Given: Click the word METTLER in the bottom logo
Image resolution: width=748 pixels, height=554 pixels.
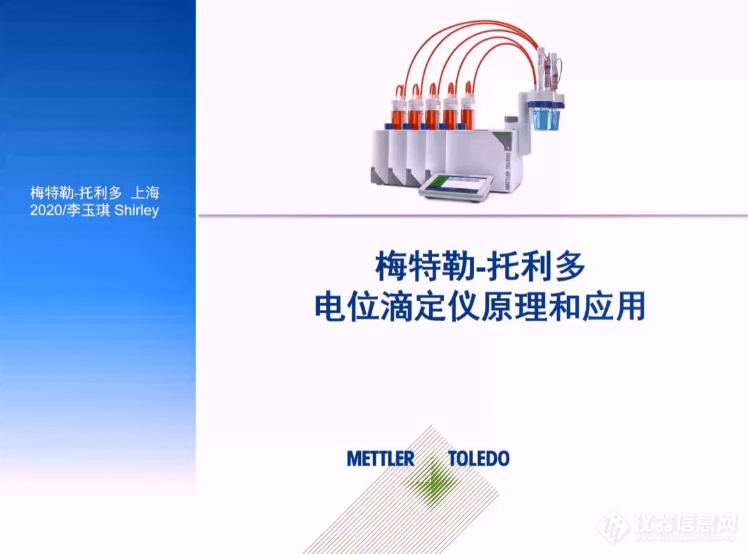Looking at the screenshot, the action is pyautogui.click(x=380, y=459).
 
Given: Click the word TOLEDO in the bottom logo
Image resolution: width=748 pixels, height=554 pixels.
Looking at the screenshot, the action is pyautogui.click(x=479, y=459).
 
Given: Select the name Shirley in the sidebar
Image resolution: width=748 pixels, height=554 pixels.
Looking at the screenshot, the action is pyautogui.click(x=136, y=210).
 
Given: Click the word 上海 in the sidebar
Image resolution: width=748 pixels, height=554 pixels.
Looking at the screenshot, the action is pyautogui.click(x=145, y=193).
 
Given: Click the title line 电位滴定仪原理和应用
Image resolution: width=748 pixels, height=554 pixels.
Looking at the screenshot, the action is pyautogui.click(x=480, y=306).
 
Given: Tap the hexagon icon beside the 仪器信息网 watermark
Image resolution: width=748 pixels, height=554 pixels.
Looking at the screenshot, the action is pyautogui.click(x=614, y=527).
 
